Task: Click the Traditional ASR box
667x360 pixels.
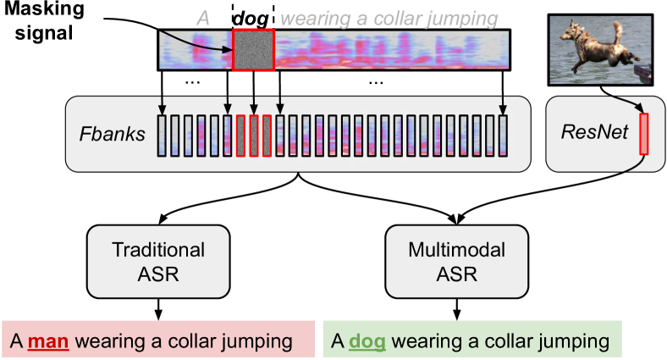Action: [158, 262]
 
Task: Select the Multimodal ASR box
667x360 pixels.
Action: [457, 262]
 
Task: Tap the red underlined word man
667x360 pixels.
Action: [48, 341]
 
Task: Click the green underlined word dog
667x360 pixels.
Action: [367, 341]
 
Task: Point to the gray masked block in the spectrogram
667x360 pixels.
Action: [254, 49]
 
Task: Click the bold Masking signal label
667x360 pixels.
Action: [44, 20]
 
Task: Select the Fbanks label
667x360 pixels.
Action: [113, 134]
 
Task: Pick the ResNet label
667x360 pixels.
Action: [594, 131]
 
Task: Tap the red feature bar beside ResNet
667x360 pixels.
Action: [644, 134]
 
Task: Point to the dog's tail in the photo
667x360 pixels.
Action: [617, 32]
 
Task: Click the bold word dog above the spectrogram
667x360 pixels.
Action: [251, 19]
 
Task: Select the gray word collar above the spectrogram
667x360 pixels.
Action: [402, 19]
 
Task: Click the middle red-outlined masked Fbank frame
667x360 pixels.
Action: [254, 136]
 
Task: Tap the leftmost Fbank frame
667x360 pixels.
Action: [162, 136]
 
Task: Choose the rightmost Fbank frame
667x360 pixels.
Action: [503, 136]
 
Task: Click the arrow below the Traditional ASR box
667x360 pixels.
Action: [158, 309]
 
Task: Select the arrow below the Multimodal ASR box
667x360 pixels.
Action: [457, 309]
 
